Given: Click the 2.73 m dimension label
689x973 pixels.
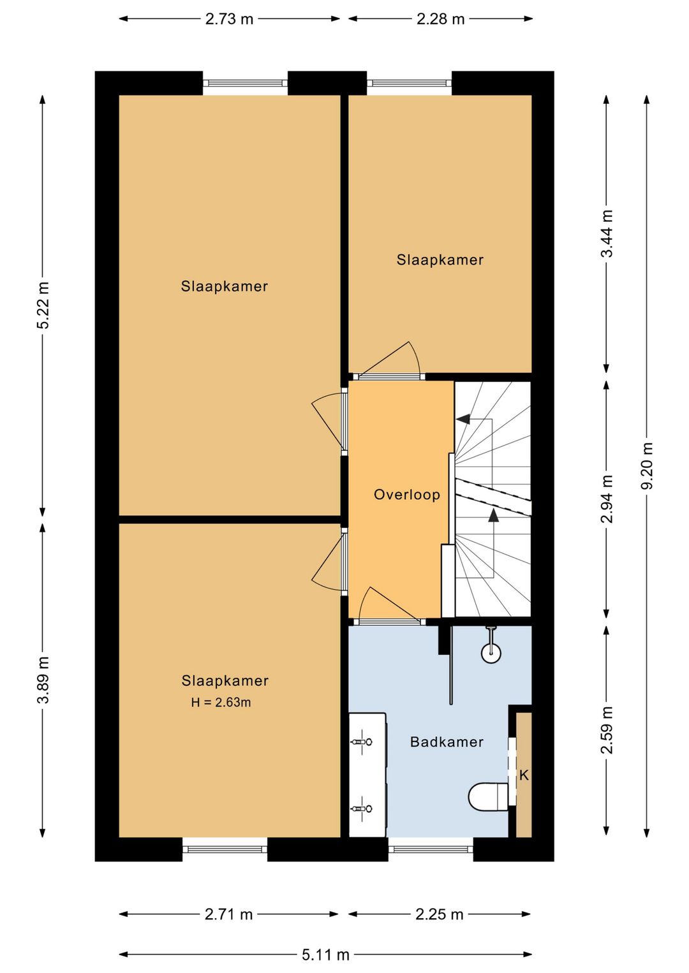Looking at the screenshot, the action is pyautogui.click(x=229, y=19).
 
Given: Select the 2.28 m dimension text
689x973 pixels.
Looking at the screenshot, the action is pyautogui.click(x=440, y=19).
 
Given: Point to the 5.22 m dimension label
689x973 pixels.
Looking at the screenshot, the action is pyautogui.click(x=43, y=305).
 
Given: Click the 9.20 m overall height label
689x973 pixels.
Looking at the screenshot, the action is pyautogui.click(x=648, y=465).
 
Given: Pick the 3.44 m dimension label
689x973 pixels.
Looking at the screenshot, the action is pyautogui.click(x=607, y=234).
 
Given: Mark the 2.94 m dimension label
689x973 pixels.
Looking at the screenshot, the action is pyautogui.click(x=607, y=499).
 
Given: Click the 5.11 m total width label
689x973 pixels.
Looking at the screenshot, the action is pyautogui.click(x=325, y=955).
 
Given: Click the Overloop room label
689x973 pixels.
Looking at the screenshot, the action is pyautogui.click(x=407, y=495).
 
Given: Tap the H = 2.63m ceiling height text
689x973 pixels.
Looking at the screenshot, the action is pyautogui.click(x=221, y=703).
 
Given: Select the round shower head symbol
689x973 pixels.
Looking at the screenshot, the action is pyautogui.click(x=491, y=652).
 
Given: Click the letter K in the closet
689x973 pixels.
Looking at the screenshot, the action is pyautogui.click(x=524, y=775).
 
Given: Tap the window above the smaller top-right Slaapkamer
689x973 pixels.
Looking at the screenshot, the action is pyautogui.click(x=409, y=83).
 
